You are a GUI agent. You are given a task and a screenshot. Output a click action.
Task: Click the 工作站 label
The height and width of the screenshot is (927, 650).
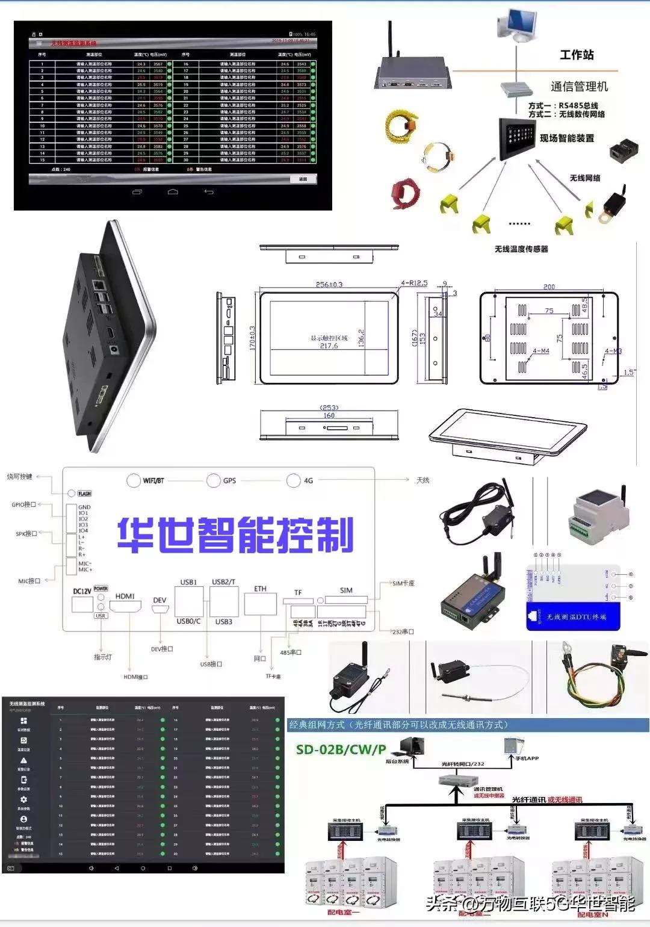(577, 55)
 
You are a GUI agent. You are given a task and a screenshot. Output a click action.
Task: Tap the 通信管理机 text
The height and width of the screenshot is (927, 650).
(579, 87)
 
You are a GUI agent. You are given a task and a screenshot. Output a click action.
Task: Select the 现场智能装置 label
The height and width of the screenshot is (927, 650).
(566, 138)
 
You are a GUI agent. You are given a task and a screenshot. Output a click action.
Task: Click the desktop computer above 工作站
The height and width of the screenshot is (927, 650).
(516, 25)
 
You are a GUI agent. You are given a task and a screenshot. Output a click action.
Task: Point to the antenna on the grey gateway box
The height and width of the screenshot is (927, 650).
(391, 40)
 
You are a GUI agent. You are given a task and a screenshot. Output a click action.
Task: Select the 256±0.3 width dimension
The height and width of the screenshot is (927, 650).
(329, 284)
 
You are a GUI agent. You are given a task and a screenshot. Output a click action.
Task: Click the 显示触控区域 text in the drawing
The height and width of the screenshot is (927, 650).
(329, 338)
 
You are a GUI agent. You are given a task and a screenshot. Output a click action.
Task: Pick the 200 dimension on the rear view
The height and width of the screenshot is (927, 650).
(549, 287)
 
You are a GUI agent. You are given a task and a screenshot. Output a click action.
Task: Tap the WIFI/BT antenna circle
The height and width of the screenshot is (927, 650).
(133, 480)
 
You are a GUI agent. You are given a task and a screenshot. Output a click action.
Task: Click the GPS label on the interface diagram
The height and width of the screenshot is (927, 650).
(229, 480)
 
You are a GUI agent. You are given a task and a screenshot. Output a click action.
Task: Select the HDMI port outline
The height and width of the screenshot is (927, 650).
(125, 607)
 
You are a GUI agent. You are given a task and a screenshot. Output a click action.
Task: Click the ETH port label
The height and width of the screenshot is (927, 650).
(260, 589)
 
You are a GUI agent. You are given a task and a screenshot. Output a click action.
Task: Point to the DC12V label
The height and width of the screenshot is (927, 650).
(82, 591)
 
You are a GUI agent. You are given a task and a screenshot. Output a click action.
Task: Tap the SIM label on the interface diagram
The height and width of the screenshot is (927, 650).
(346, 590)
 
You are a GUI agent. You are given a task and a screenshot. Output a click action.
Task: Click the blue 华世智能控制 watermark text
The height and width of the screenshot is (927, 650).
(235, 535)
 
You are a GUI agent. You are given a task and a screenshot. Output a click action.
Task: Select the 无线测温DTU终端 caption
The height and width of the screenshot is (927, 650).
(576, 617)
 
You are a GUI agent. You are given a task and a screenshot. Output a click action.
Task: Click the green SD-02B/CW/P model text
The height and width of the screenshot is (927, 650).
(341, 749)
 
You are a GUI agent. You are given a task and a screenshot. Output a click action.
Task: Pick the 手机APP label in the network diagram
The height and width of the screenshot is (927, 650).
(527, 758)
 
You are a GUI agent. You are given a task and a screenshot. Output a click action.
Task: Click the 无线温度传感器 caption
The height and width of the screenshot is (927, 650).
(521, 249)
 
